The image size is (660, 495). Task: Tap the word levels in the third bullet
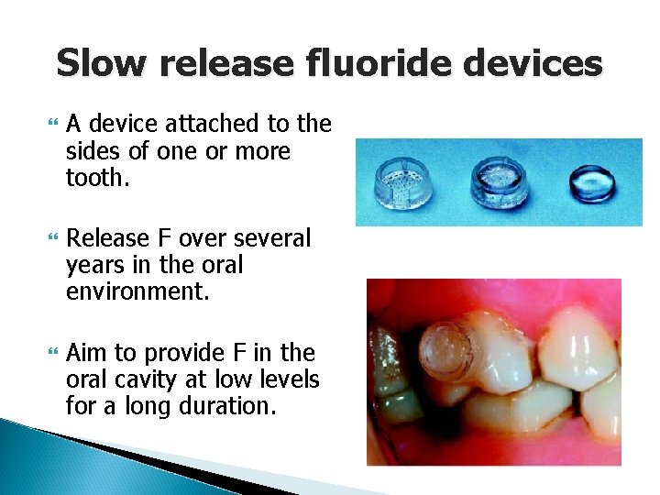(x=286, y=379)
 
